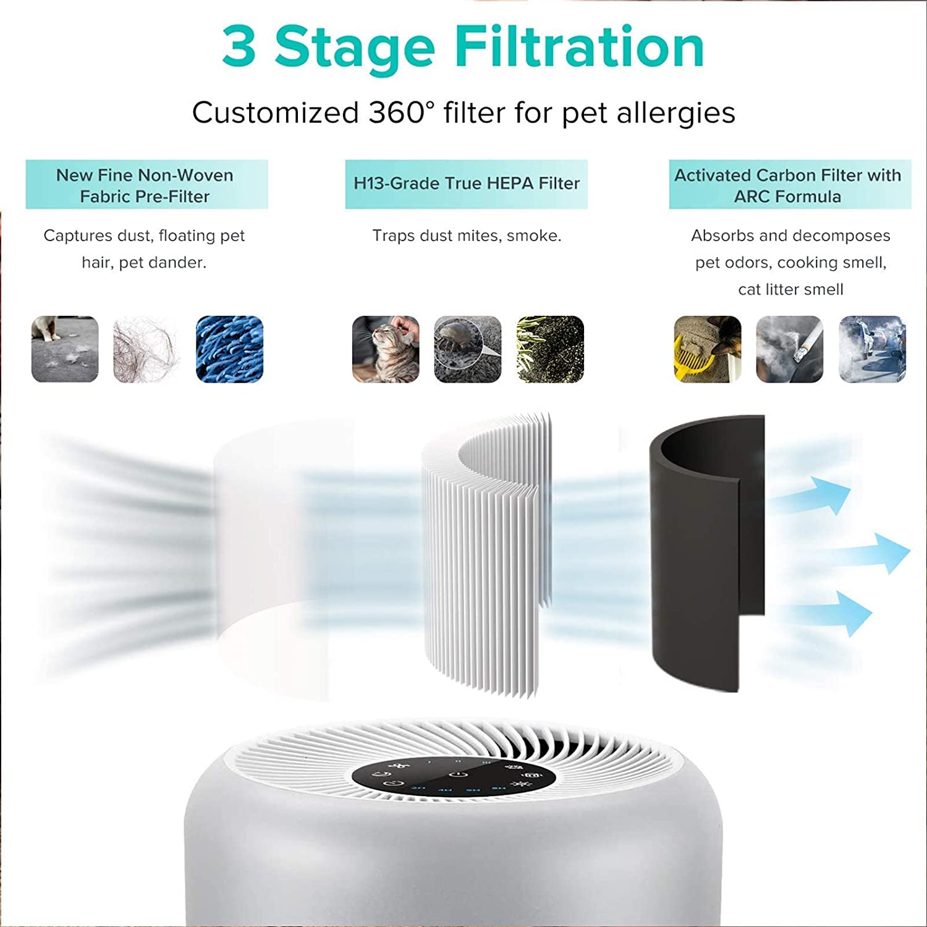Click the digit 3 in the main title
[239, 48]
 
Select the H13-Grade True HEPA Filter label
[467, 184]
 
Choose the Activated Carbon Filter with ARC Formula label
[789, 185]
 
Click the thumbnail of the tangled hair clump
[147, 349]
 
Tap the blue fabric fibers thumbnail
[229, 349]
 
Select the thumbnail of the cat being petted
[386, 349]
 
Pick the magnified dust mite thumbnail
[468, 349]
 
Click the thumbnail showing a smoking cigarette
[790, 349]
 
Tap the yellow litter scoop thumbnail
[708, 349]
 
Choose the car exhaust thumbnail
[872, 349]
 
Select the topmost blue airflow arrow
[816, 494]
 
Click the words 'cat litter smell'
[790, 289]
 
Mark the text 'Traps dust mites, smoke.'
[467, 235]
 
